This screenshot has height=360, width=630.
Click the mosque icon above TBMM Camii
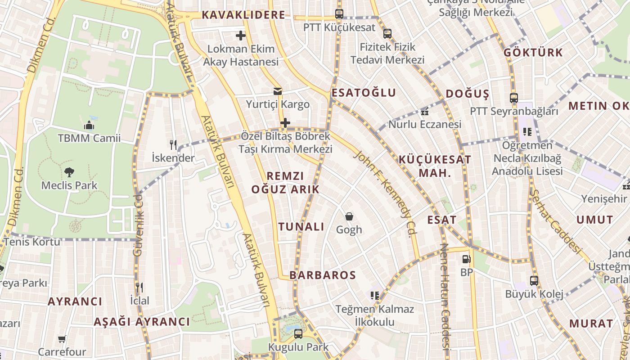[89, 125]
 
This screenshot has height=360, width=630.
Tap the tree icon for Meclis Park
[69, 171]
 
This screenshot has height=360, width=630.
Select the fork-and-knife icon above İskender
[173, 144]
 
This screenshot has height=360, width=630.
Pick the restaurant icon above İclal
[139, 287]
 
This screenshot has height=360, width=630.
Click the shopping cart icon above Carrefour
[62, 339]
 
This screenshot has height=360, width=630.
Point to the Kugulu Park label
[298, 347]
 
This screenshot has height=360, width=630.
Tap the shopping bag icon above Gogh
[349, 216]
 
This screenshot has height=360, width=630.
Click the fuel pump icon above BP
[466, 259]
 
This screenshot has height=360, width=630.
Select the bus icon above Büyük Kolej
[534, 281]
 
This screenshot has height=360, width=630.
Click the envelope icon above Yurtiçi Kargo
[278, 91]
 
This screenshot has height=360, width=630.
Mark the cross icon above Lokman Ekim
[241, 35]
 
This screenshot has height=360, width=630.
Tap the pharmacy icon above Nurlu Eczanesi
[424, 112]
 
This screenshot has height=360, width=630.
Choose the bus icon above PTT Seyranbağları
[513, 98]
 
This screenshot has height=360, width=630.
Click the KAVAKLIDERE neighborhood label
[243, 15]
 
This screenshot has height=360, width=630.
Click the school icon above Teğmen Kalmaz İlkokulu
[374, 295]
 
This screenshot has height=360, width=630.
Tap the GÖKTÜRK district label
[533, 52]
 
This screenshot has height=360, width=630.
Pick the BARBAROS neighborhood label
[323, 275]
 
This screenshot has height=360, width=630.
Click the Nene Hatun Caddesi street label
[445, 297]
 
